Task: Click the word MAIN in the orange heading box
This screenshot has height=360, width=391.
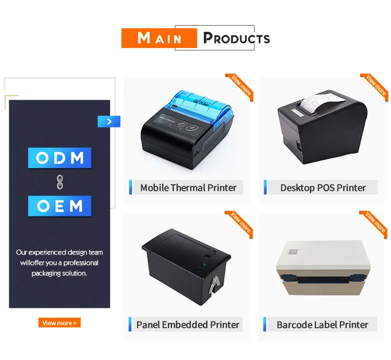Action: (x=160, y=38)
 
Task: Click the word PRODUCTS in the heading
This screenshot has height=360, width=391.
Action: (x=237, y=38)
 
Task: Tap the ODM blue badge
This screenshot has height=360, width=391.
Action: (x=60, y=158)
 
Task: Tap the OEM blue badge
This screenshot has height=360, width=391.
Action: (x=60, y=206)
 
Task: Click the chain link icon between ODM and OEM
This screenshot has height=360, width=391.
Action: (x=59, y=182)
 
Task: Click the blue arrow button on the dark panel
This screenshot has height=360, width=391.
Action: (x=109, y=122)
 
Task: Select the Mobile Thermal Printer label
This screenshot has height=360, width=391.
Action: (x=188, y=188)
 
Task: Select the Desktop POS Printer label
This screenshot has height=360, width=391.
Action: (x=323, y=188)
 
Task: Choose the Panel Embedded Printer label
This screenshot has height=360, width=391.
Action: (x=188, y=325)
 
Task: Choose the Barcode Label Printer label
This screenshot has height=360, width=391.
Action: (x=322, y=325)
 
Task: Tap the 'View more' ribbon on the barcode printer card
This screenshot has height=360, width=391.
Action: (x=375, y=222)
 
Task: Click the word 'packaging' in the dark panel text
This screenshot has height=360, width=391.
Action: (x=47, y=273)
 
